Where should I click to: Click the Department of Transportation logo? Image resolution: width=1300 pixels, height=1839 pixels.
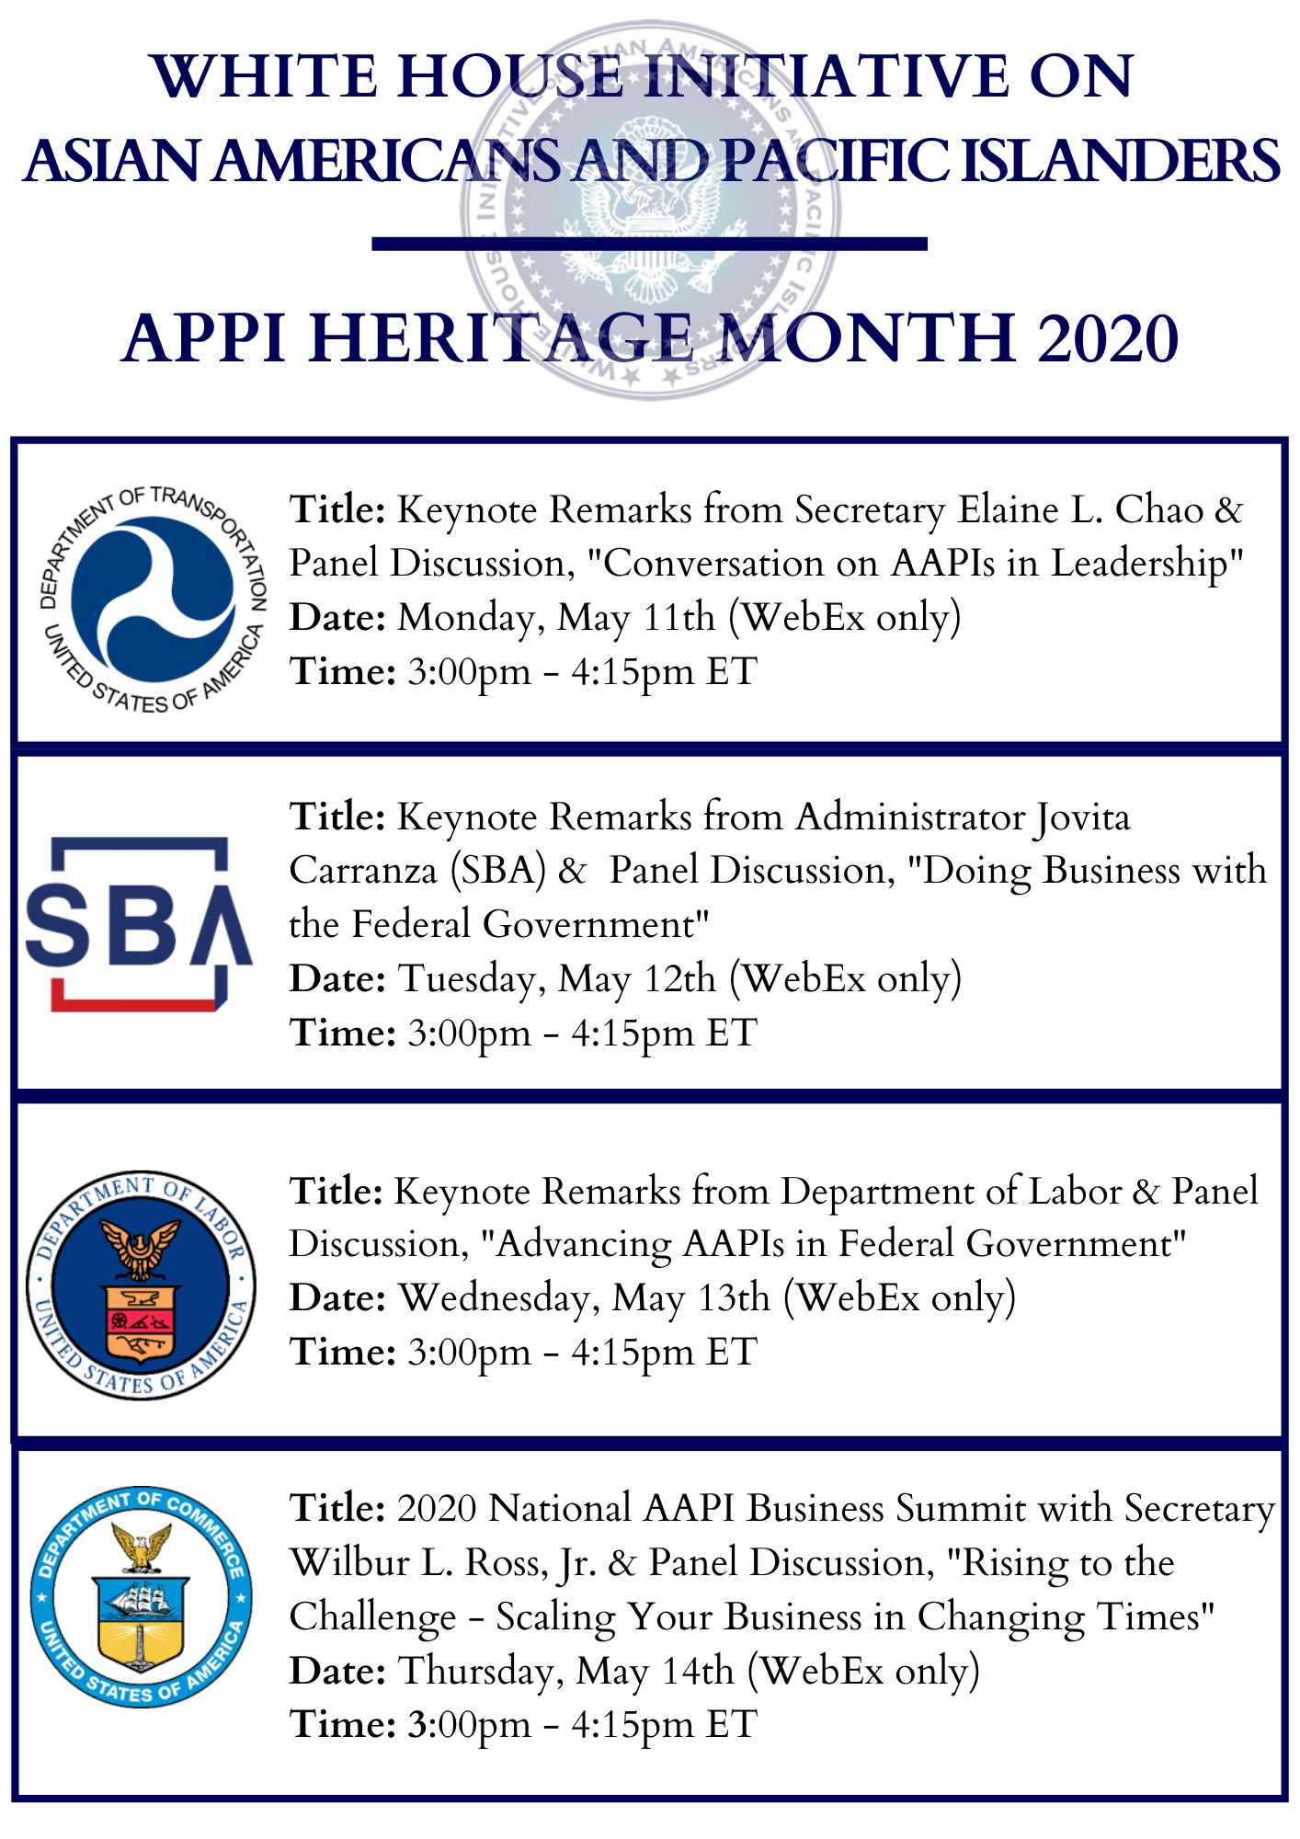pyautogui.click(x=154, y=599)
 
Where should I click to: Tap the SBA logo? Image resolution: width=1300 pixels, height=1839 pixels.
pyautogui.click(x=138, y=924)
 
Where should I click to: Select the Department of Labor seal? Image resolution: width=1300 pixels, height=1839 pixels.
pyautogui.click(x=141, y=1285)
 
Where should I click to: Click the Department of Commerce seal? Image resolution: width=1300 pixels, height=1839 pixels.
pyautogui.click(x=141, y=1596)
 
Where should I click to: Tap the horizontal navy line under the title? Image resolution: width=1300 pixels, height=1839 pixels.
pyautogui.click(x=649, y=244)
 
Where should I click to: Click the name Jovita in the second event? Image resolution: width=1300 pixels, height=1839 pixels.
pyautogui.click(x=1082, y=817)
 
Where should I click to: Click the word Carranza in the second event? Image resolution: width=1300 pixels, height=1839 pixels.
pyautogui.click(x=363, y=871)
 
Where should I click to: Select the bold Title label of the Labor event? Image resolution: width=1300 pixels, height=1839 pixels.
pyautogui.click(x=336, y=1192)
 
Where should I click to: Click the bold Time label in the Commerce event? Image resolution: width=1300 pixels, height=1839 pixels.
pyautogui.click(x=342, y=1724)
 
